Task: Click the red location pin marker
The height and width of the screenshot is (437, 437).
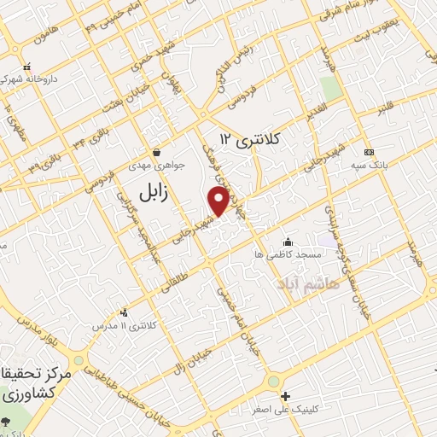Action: coord(218,200)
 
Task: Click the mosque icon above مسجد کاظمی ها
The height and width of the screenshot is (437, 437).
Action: coord(288,241)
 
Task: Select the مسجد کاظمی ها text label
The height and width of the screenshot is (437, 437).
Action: coord(287,254)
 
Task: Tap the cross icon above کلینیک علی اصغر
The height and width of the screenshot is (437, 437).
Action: coord(285,396)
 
